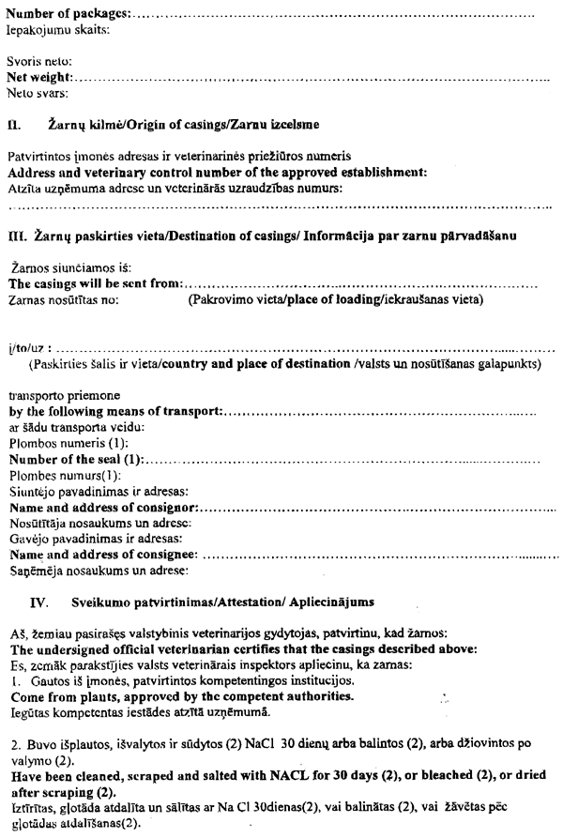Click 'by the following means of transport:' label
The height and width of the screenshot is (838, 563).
(x=116, y=411)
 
